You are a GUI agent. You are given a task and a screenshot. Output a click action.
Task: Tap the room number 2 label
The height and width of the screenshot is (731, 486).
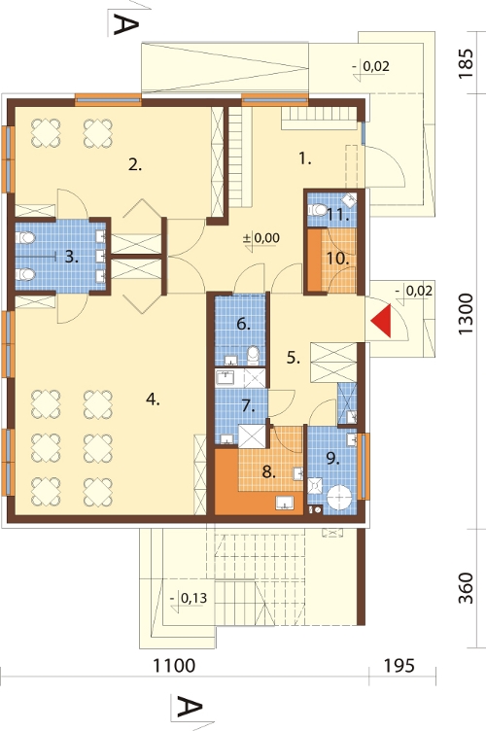coord(135,164)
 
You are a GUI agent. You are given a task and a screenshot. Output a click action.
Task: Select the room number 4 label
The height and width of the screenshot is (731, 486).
coord(153,400)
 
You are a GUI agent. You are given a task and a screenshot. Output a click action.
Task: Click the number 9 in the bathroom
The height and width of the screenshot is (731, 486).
coord(332,459)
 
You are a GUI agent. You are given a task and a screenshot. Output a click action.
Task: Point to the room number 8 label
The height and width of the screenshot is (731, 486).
coord(268,471)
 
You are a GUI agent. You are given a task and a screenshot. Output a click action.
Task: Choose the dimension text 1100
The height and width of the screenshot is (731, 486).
coord(174,666)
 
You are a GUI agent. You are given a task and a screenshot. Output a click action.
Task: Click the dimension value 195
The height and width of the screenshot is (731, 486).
coord(399,666)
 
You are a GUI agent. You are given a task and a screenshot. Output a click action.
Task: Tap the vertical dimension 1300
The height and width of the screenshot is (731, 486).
coord(466,314)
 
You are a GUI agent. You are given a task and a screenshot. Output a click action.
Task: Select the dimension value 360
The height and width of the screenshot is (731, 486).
coord(466,588)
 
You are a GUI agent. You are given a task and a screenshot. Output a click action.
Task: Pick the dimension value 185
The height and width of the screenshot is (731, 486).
coord(466,63)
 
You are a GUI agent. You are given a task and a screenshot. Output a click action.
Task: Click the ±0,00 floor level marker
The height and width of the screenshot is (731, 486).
coord(261,238)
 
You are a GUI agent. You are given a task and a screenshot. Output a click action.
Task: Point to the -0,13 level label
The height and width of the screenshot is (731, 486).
coord(189,598)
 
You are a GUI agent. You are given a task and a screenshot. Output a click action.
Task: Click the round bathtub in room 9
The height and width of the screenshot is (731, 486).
coord(340,499)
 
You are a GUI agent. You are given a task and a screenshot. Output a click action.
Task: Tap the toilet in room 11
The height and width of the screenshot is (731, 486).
coord(318,209)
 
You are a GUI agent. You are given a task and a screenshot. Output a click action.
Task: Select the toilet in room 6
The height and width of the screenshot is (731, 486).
coord(253,355)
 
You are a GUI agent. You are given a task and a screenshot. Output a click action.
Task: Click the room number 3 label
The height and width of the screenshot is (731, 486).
coord(71,257)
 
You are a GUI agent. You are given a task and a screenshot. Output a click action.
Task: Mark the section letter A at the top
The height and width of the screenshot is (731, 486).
coord(125,24)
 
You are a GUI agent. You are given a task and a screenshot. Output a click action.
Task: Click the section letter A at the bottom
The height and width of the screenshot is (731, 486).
coord(190,708)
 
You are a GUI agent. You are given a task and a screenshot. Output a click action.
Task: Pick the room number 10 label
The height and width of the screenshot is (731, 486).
coord(338,259)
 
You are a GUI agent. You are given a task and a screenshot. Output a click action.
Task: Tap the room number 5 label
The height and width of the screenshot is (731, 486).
coord(294,358)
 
